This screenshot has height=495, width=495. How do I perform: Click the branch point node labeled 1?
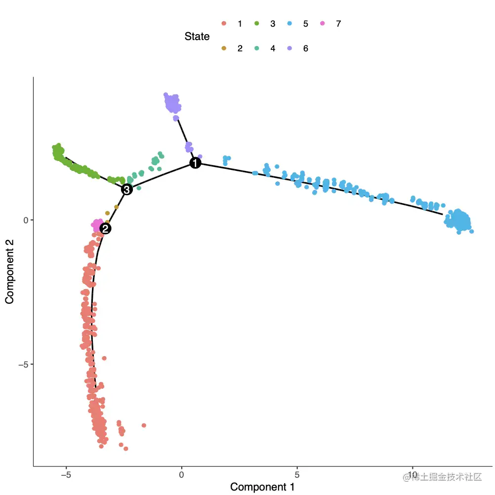195,163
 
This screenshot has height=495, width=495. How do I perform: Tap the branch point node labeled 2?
105,228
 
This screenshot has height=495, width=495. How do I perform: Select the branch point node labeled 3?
127,189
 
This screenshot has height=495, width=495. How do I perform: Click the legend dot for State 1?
224,24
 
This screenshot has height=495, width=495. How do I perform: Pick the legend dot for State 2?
224,48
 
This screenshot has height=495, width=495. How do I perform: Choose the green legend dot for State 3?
257,24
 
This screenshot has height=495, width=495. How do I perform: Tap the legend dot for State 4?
257,48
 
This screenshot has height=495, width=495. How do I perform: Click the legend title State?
197,37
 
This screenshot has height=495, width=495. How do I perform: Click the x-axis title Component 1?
262,487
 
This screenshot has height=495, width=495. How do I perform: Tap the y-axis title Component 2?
9,271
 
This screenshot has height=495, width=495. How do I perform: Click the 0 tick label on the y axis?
26,220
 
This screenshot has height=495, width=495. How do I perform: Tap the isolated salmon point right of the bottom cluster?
144,425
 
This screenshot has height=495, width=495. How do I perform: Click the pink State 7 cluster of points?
97,225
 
